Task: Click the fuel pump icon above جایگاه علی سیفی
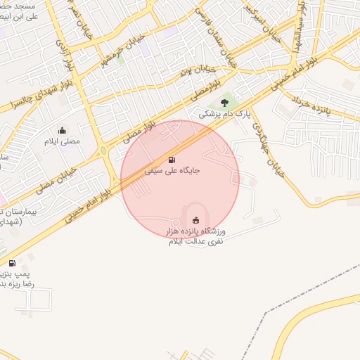(x=173, y=160)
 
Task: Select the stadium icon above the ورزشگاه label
(x=195, y=221)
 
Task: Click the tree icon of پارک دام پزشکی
(x=224, y=103)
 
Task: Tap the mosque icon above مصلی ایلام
(x=63, y=130)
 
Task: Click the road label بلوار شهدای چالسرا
(x=25, y=97)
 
